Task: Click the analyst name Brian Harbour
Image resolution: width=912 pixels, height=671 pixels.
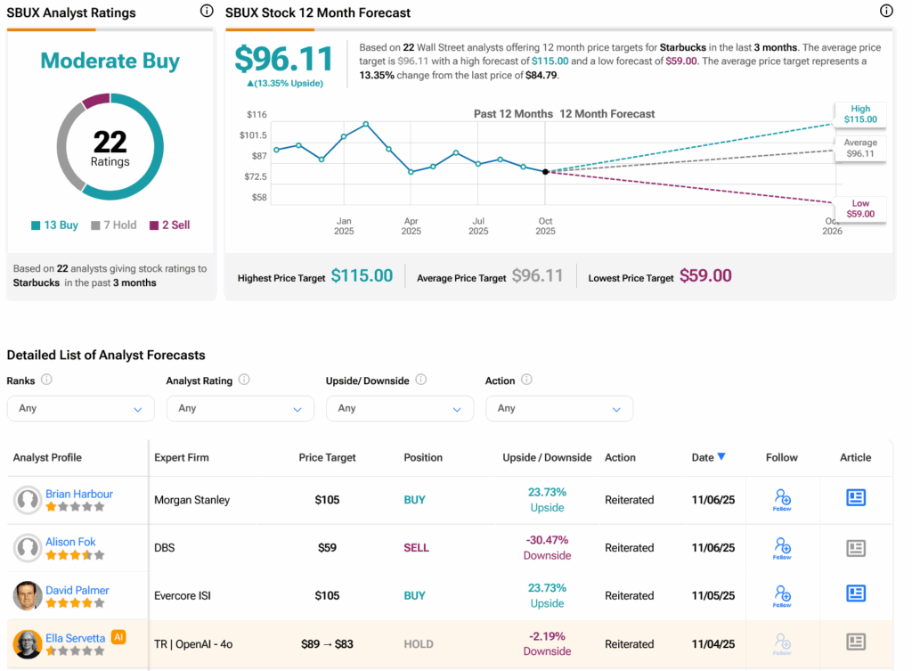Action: coord(79,494)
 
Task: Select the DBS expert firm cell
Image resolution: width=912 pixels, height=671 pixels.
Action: coord(165,547)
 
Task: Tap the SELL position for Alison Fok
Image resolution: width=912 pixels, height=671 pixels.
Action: coord(416,547)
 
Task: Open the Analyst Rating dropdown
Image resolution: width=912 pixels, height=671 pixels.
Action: coord(240,408)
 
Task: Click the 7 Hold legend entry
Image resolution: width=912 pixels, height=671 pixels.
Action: coord(114,225)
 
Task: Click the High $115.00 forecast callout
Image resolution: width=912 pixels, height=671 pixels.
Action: coord(859,114)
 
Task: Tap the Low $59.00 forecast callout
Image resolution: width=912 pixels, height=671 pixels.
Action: coord(859,209)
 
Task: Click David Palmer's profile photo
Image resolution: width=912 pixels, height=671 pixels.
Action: coord(28,595)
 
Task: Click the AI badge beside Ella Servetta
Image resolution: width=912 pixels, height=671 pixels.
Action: coord(118,637)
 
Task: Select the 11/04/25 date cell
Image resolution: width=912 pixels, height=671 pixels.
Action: coord(713,643)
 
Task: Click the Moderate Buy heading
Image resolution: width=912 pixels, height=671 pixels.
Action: coord(110,61)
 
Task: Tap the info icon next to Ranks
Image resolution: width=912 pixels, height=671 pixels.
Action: coord(46,380)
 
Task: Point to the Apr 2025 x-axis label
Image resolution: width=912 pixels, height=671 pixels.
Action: coord(411,225)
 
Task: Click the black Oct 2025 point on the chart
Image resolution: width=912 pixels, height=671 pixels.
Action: coord(545,171)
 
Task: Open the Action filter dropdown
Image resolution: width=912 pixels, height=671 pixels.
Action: coord(558,408)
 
